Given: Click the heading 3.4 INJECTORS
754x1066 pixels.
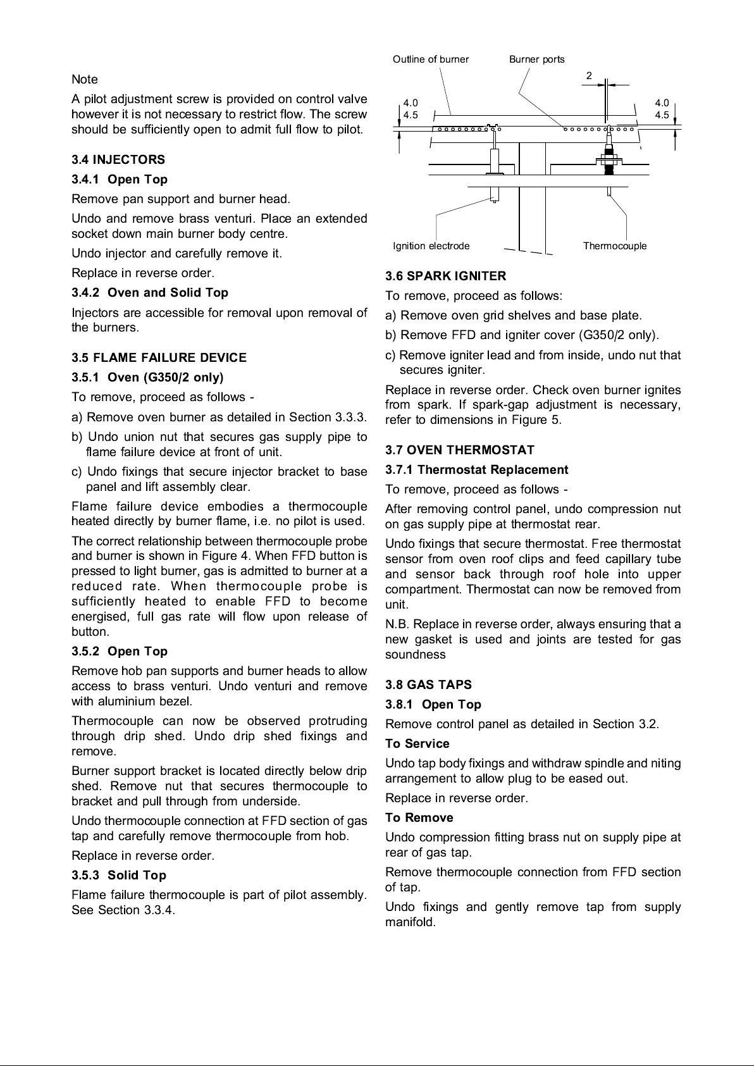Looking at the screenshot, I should click(x=118, y=159).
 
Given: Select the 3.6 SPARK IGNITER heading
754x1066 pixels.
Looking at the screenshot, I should click(x=446, y=276).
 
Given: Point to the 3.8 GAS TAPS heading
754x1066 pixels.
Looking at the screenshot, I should click(x=428, y=685).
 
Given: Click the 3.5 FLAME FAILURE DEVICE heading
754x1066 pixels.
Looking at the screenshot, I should click(x=159, y=357).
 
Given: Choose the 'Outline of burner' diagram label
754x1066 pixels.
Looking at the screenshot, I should click(x=431, y=59).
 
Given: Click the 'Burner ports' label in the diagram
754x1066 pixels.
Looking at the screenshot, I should click(x=536, y=59).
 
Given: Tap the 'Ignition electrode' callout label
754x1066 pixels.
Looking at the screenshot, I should click(x=431, y=246).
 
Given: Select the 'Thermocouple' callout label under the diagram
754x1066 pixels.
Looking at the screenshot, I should click(x=615, y=246).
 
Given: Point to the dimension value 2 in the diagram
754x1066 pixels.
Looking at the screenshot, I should click(x=589, y=76).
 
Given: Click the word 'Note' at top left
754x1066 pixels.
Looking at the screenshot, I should click(x=85, y=79).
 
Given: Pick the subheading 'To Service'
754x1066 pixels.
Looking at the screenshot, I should click(x=417, y=743).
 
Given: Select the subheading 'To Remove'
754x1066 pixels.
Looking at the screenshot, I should click(x=419, y=817).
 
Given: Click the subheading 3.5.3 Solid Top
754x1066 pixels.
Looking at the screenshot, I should click(x=119, y=875).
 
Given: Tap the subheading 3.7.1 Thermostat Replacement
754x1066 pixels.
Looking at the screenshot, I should click(x=477, y=469).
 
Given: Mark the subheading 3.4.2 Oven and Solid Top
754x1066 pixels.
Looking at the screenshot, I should click(x=150, y=292).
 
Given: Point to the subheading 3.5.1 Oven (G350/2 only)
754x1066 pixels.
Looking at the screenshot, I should click(x=148, y=378).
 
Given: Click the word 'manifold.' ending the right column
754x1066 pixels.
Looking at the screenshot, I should click(x=411, y=922).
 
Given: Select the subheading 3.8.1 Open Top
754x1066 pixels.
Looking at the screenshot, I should click(x=433, y=704).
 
